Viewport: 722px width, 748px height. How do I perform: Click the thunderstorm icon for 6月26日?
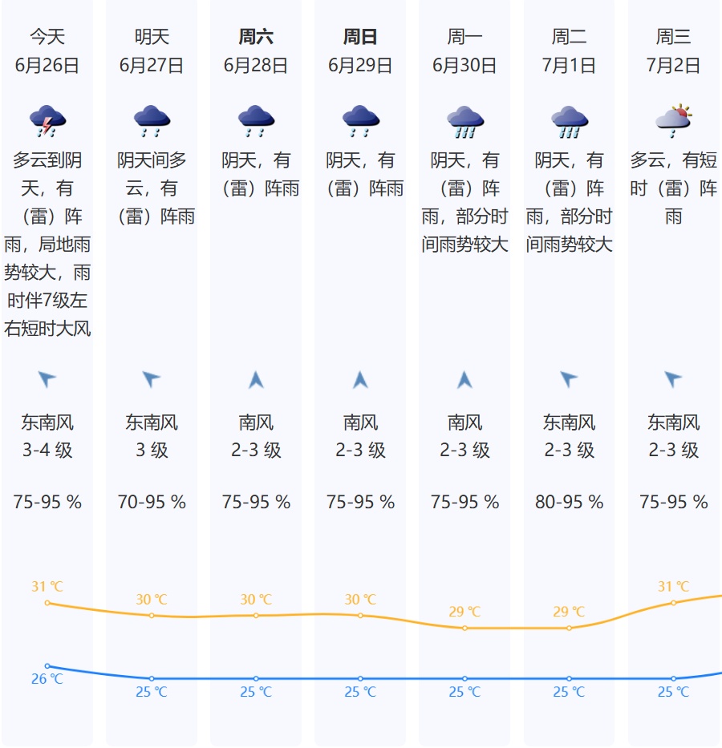coord(47,121)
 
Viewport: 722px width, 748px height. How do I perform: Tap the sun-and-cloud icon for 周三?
coord(673,120)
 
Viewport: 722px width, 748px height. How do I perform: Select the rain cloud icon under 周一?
coord(464,121)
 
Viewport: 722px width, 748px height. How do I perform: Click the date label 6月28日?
coord(256,66)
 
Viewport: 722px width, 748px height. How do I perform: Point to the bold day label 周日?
coord(360,37)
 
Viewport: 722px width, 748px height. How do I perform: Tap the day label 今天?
coord(47,37)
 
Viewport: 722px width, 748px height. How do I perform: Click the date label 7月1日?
coord(569,66)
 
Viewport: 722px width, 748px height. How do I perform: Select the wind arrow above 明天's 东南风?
coord(152,379)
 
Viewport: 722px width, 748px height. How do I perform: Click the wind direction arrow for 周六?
coord(256,379)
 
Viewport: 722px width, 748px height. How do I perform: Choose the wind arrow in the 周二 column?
coord(569,379)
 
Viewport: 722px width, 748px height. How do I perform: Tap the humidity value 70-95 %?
coord(152,503)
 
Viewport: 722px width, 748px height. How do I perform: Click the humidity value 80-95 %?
coord(569,503)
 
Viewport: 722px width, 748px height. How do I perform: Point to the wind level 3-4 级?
coord(47,451)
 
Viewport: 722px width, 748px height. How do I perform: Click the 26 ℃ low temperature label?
coord(47,679)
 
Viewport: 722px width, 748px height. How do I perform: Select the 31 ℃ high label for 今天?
coord(47,587)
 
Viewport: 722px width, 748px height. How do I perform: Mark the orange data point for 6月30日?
coord(464,628)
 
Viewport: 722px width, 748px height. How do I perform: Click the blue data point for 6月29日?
coord(360,678)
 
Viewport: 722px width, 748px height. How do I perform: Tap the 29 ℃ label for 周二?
coord(569,612)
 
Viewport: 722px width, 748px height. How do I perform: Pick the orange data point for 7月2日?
coord(673,603)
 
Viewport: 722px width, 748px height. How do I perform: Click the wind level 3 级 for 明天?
coord(152,451)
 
